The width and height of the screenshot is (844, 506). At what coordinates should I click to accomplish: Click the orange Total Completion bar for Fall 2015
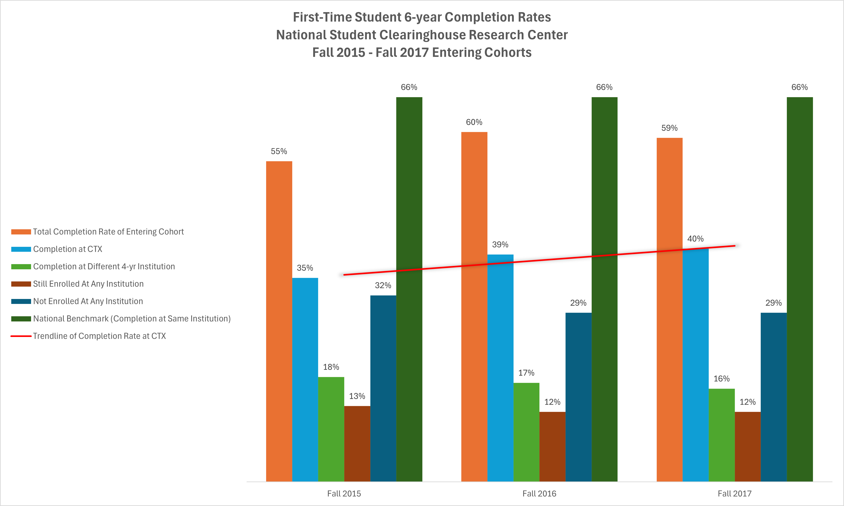(x=279, y=321)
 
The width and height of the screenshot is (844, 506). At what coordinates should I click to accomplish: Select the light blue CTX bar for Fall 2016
(x=500, y=368)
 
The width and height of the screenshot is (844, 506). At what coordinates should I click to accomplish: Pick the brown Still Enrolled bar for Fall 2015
(x=357, y=443)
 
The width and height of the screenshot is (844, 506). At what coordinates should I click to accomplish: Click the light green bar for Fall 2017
(x=722, y=435)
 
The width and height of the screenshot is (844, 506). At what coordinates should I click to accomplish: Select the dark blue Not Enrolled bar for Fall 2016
(x=578, y=397)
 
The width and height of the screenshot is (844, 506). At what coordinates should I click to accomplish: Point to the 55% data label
(x=279, y=151)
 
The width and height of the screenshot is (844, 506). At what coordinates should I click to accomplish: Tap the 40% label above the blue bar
(x=695, y=239)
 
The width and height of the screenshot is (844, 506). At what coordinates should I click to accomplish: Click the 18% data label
(x=331, y=367)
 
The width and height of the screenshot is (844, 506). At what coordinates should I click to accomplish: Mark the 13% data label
(x=357, y=396)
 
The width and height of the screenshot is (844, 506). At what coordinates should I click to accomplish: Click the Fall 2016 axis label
(x=539, y=493)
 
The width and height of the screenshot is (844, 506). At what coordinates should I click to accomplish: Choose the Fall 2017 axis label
(x=734, y=493)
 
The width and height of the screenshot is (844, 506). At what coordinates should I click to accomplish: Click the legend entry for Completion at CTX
(x=67, y=249)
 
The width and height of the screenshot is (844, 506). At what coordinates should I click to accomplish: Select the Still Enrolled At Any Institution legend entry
(x=88, y=284)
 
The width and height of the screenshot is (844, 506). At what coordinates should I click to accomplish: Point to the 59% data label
(x=669, y=128)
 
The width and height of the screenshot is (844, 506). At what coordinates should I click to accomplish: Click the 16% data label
(x=722, y=379)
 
